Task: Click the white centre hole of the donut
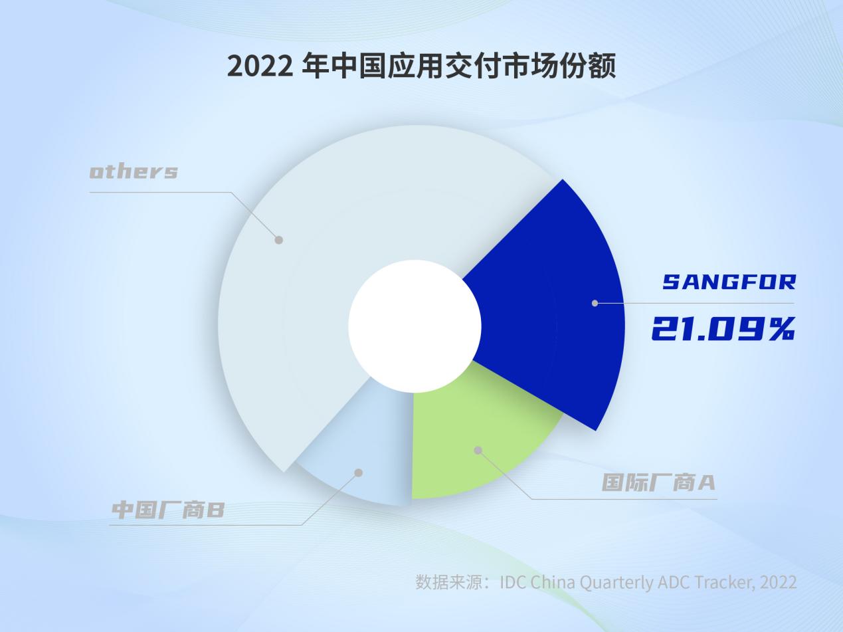[415, 326]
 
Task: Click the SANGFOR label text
[729, 282]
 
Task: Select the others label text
[134, 171]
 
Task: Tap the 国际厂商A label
[658, 482]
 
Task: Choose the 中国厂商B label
[168, 510]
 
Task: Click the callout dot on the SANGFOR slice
[595, 303]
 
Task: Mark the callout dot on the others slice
[279, 240]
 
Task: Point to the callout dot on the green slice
[478, 451]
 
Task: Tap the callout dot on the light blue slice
[359, 473]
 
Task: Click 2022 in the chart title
[259, 66]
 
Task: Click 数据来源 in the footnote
[449, 582]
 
